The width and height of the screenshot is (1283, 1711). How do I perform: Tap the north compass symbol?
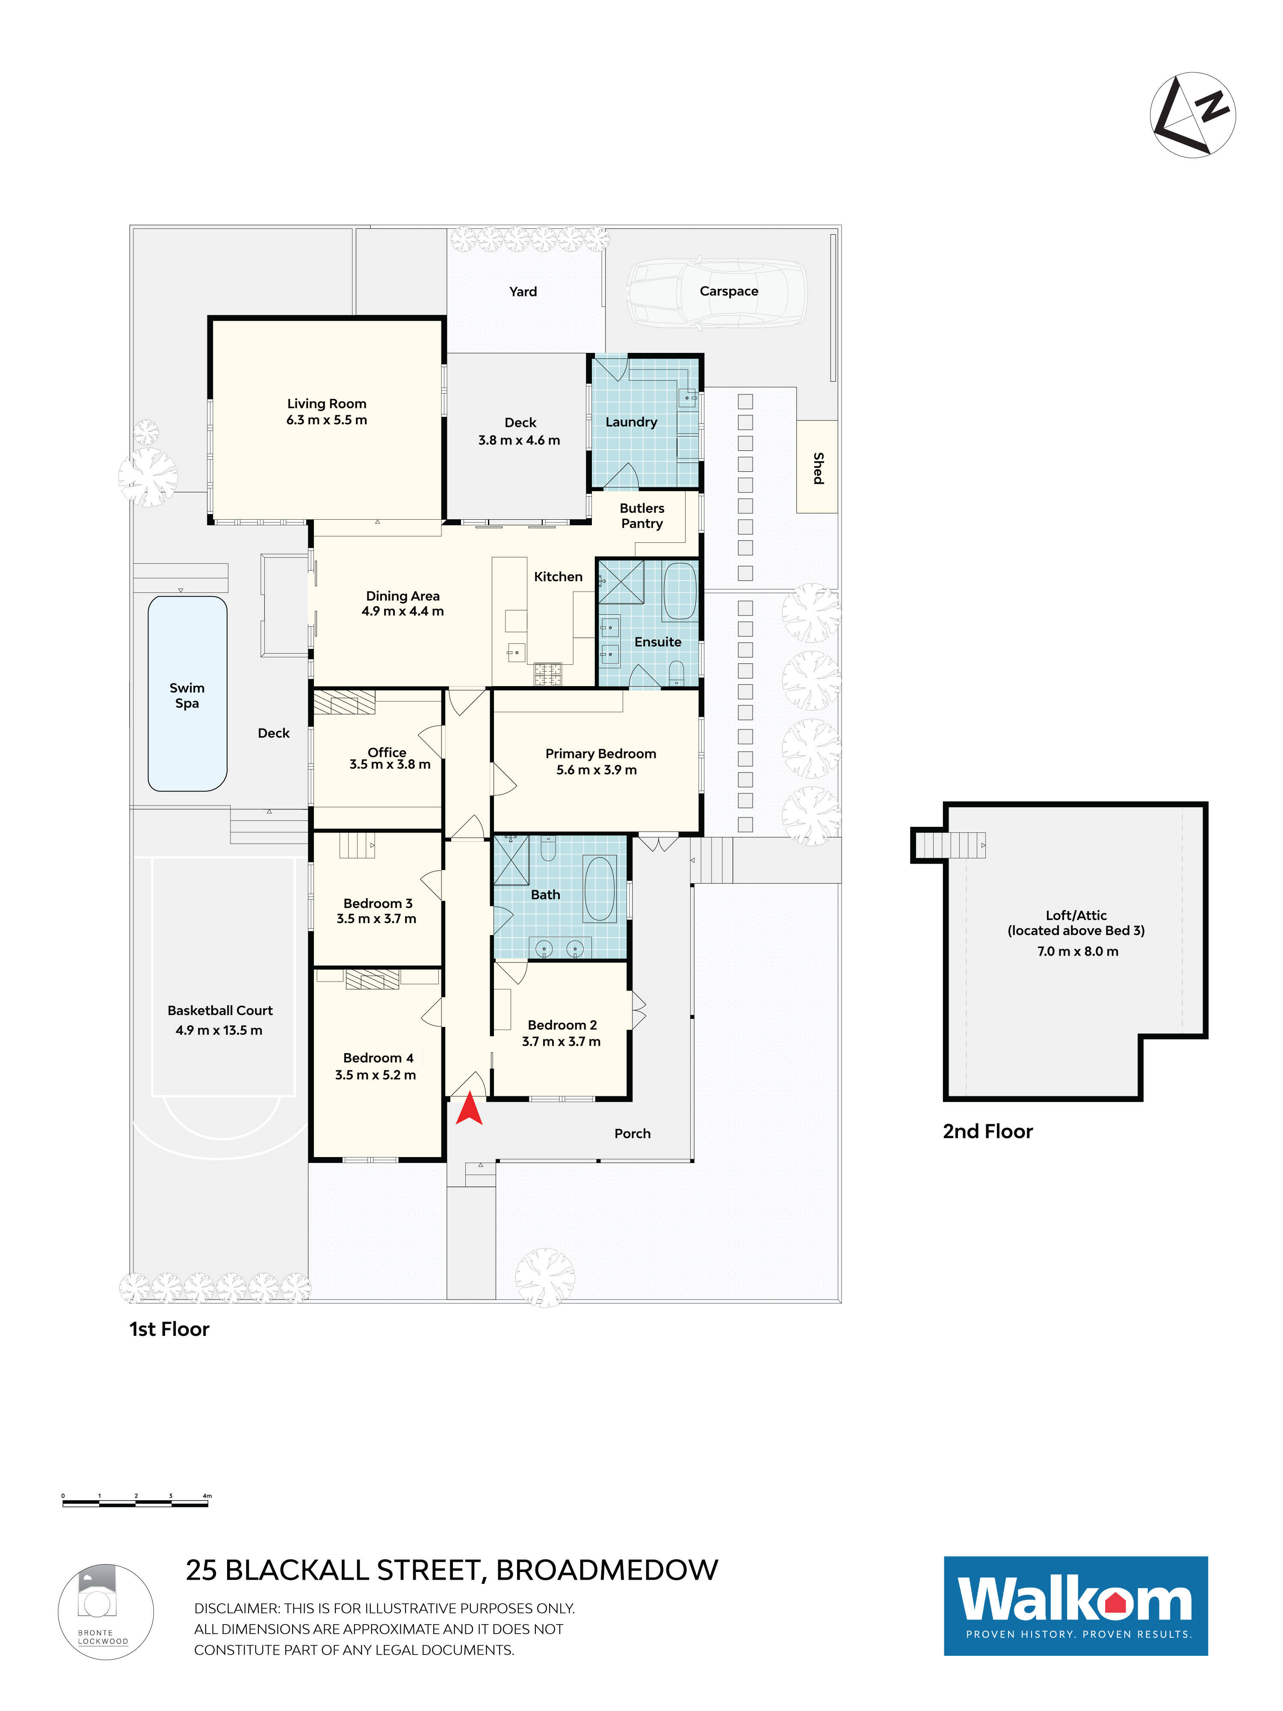click(x=1192, y=115)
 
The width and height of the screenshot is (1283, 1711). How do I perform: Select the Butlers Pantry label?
click(x=642, y=515)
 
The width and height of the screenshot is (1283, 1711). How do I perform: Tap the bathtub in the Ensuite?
click(x=680, y=591)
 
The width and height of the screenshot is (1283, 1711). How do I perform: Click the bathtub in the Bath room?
click(x=599, y=888)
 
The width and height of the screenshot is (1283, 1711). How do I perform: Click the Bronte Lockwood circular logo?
click(x=106, y=1612)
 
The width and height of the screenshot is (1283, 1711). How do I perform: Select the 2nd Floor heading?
click(x=987, y=1132)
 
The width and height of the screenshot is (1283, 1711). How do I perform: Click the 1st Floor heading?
click(x=169, y=1329)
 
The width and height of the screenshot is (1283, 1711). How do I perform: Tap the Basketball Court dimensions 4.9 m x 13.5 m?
click(x=219, y=1030)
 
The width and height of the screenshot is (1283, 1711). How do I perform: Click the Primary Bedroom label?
click(x=601, y=753)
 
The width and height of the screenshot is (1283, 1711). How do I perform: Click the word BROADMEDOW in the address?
click(x=607, y=1570)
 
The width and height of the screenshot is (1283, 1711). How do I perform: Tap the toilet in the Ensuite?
click(x=676, y=672)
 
